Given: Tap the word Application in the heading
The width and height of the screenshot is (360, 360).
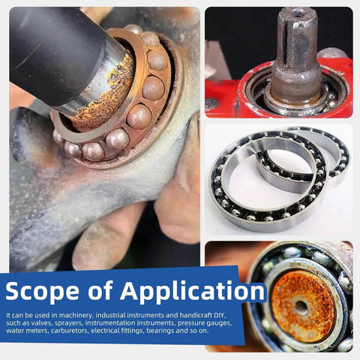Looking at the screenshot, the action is [x=192, y=292].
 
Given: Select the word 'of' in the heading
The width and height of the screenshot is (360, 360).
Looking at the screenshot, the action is [x=100, y=290].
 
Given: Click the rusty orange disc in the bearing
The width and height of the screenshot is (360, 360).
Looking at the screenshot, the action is [x=303, y=307].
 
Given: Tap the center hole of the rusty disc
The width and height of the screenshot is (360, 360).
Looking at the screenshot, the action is [x=301, y=305].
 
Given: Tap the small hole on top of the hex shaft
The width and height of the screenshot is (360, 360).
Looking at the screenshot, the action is [x=298, y=13].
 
